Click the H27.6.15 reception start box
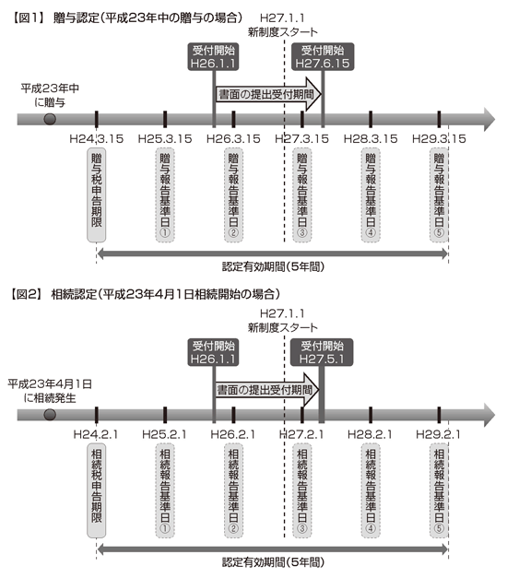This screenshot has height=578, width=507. tap(323, 57)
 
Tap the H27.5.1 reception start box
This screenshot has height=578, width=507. tap(322, 352)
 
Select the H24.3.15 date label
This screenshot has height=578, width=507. tap(97, 138)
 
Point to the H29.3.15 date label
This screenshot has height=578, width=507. tap(439, 138)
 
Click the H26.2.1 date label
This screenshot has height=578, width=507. tap(233, 434)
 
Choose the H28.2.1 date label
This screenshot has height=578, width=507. tap(371, 434)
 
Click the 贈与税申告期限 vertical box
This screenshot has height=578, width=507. tap(96, 195)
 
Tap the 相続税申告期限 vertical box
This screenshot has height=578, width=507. tap(96, 490)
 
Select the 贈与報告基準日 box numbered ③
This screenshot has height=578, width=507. tap(302, 195)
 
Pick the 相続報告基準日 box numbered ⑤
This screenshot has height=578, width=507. tap(439, 490)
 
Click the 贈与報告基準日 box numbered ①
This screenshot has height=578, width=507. tap(165, 195)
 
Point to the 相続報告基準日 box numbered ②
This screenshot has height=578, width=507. tap(233, 490)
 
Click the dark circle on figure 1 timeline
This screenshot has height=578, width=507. tap(50, 119)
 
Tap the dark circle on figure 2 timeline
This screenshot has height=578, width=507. tap(50, 415)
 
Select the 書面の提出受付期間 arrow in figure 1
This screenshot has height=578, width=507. tap(268, 94)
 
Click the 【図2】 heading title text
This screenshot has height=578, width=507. tap(145, 294)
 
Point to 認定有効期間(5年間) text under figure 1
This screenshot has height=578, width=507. tap(273, 266)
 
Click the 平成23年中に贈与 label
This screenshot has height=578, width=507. tap(50, 95)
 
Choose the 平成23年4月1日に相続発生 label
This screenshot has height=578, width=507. tap(50, 391)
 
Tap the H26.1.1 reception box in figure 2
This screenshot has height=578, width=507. tap(213, 352)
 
